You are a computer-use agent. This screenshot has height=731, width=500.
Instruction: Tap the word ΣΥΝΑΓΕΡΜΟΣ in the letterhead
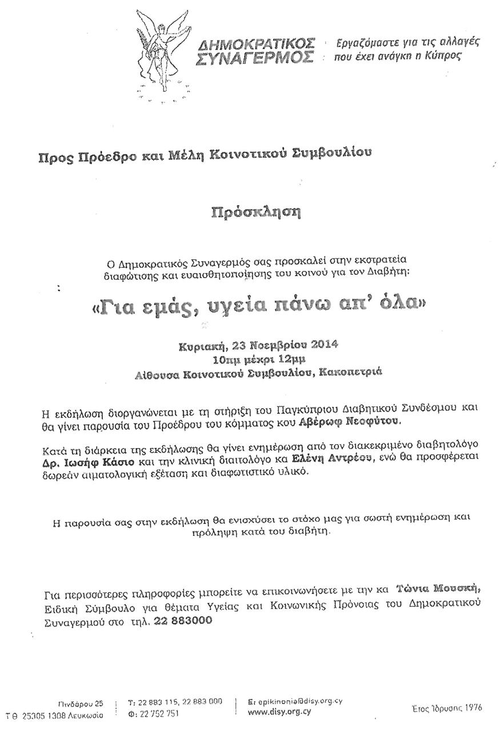pos(255,58)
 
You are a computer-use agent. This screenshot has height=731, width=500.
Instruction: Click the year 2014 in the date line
pos(321,345)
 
